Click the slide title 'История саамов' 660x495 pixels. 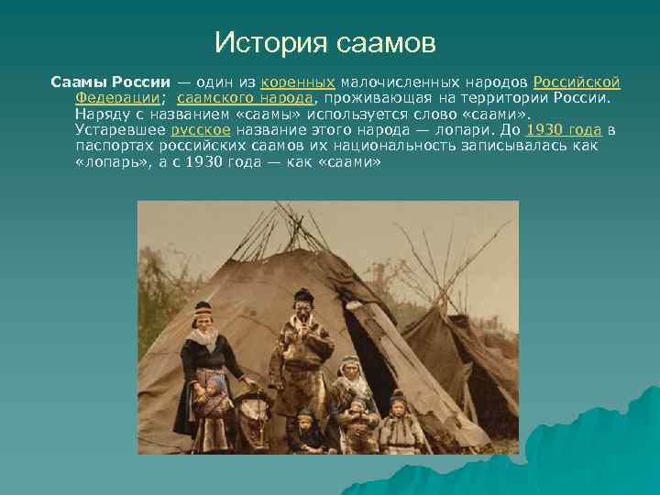[x=324, y=42]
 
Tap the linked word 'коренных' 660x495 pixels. [x=297, y=82]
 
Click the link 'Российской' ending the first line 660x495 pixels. [x=577, y=82]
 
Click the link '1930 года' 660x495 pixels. [x=565, y=130]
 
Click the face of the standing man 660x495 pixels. [x=302, y=310]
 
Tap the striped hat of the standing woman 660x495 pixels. [x=203, y=309]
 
